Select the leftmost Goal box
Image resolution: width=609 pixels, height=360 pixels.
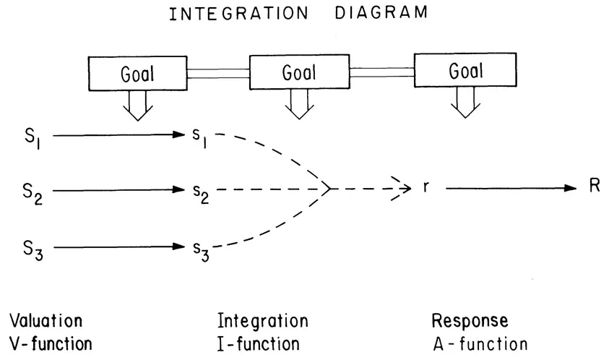click(136, 72)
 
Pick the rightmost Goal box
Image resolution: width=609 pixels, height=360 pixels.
click(466, 71)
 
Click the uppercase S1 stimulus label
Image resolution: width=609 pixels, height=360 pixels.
click(32, 136)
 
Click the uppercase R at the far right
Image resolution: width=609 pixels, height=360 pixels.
click(594, 187)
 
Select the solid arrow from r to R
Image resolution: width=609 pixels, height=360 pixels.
click(509, 188)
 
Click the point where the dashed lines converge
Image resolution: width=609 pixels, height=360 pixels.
click(330, 189)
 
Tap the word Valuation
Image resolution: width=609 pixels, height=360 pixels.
click(46, 320)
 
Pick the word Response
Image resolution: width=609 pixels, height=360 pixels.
click(470, 320)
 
